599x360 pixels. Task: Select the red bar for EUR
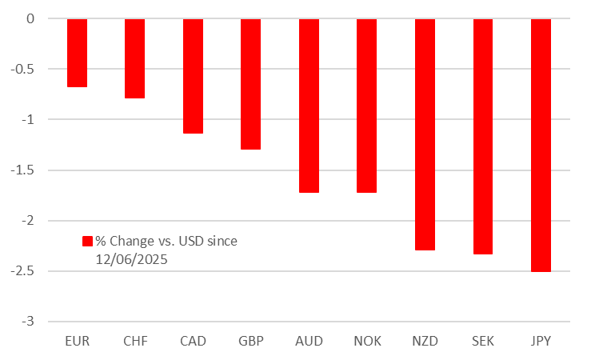pyautogui.click(x=77, y=53)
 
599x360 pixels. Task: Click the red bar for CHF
pyautogui.click(x=135, y=58)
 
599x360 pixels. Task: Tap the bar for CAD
pyautogui.click(x=193, y=76)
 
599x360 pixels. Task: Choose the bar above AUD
pyautogui.click(x=309, y=106)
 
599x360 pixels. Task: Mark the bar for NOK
pyautogui.click(x=366, y=106)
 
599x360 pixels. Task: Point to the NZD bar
pyautogui.click(x=425, y=134)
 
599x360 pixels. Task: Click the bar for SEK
pyautogui.click(x=483, y=136)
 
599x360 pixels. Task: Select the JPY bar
pyautogui.click(x=541, y=145)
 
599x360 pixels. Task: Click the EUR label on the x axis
pyautogui.click(x=77, y=341)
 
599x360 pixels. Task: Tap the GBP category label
pyautogui.click(x=250, y=341)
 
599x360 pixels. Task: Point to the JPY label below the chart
pyautogui.click(x=541, y=341)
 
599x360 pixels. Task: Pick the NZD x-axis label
pyautogui.click(x=425, y=341)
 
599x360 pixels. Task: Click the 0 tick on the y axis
pyautogui.click(x=30, y=18)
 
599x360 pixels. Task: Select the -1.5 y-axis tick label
pyautogui.click(x=24, y=170)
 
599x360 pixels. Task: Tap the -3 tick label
pyautogui.click(x=29, y=322)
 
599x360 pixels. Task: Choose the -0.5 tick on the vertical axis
pyautogui.click(x=24, y=69)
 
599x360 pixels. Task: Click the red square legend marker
pyautogui.click(x=88, y=241)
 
